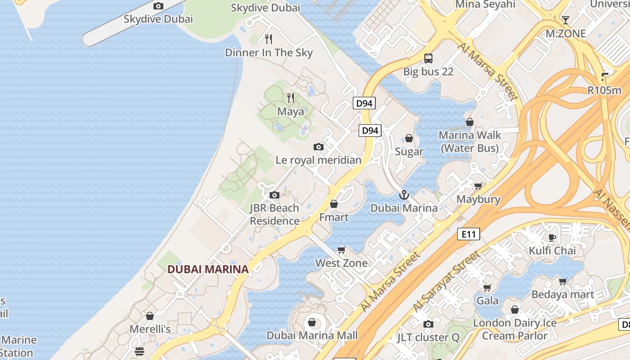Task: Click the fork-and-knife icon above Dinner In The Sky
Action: (269, 39)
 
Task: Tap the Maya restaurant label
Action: (290, 112)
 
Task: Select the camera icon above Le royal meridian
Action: (319, 147)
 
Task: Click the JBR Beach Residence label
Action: (274, 215)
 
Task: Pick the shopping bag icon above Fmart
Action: (334, 204)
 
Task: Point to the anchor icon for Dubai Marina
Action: (404, 195)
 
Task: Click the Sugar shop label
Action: (409, 152)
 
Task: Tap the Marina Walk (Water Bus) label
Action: (470, 142)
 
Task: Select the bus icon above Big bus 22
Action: (428, 58)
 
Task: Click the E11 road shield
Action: (468, 234)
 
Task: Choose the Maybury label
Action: (478, 199)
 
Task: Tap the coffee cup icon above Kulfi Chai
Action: (552, 238)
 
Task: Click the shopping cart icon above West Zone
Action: (342, 250)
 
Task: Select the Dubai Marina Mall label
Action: (312, 335)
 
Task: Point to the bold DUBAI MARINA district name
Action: (208, 270)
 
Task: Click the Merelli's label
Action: (150, 329)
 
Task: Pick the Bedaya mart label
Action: (563, 295)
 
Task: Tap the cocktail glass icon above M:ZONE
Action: (566, 20)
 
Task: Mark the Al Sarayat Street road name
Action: (446, 282)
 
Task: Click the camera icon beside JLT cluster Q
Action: (428, 324)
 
